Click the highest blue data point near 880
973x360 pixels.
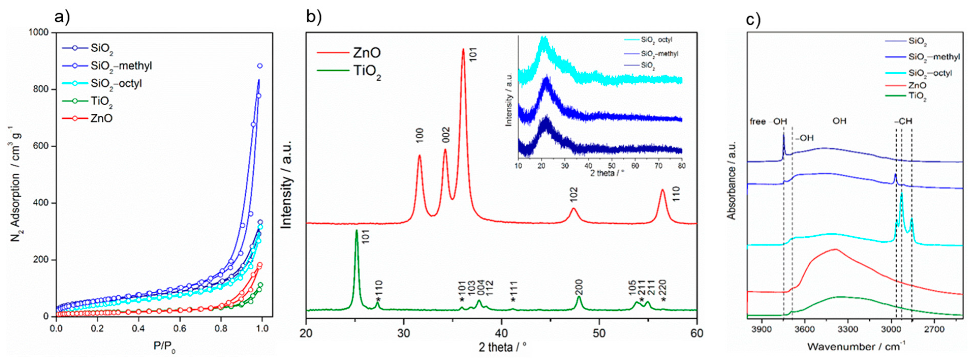click(259, 66)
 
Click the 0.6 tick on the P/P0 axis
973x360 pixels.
click(180, 328)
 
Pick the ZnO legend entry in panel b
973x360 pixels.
click(366, 53)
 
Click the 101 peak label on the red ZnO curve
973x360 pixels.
click(473, 54)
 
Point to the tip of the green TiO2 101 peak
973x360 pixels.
click(356, 230)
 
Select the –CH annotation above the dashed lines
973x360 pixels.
click(903, 121)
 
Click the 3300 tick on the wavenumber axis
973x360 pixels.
click(847, 329)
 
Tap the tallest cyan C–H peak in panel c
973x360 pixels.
click(902, 193)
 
